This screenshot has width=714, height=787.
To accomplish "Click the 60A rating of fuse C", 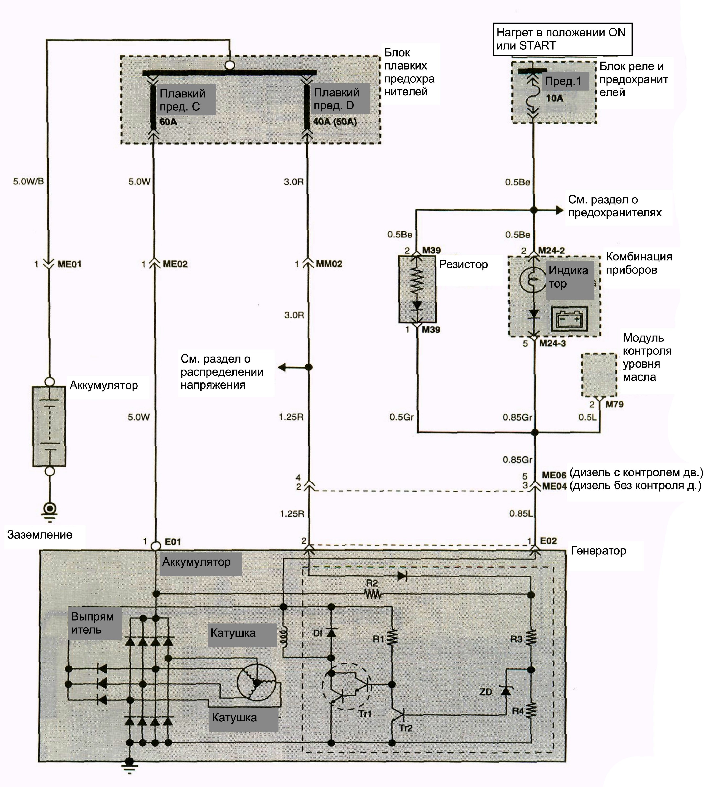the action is [x=168, y=122].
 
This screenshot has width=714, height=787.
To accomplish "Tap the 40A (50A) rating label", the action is [x=335, y=121].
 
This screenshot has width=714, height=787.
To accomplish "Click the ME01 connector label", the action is [x=70, y=264].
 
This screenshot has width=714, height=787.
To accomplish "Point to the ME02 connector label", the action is [x=175, y=264].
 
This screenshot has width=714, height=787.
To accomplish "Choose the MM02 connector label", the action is [x=329, y=264].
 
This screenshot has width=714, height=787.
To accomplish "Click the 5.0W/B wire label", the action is [x=29, y=182].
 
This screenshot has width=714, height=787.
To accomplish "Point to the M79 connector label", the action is [x=615, y=405].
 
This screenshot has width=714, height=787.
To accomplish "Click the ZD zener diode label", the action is [x=486, y=692].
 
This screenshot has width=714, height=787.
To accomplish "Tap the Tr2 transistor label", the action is [x=406, y=728].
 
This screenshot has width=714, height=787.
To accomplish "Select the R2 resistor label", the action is [x=372, y=583].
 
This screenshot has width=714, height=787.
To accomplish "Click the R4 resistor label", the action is [x=518, y=711].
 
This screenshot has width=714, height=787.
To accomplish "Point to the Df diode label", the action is [x=318, y=633].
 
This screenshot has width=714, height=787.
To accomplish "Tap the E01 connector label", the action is [x=173, y=542].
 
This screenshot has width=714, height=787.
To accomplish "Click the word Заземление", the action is [x=40, y=534].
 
